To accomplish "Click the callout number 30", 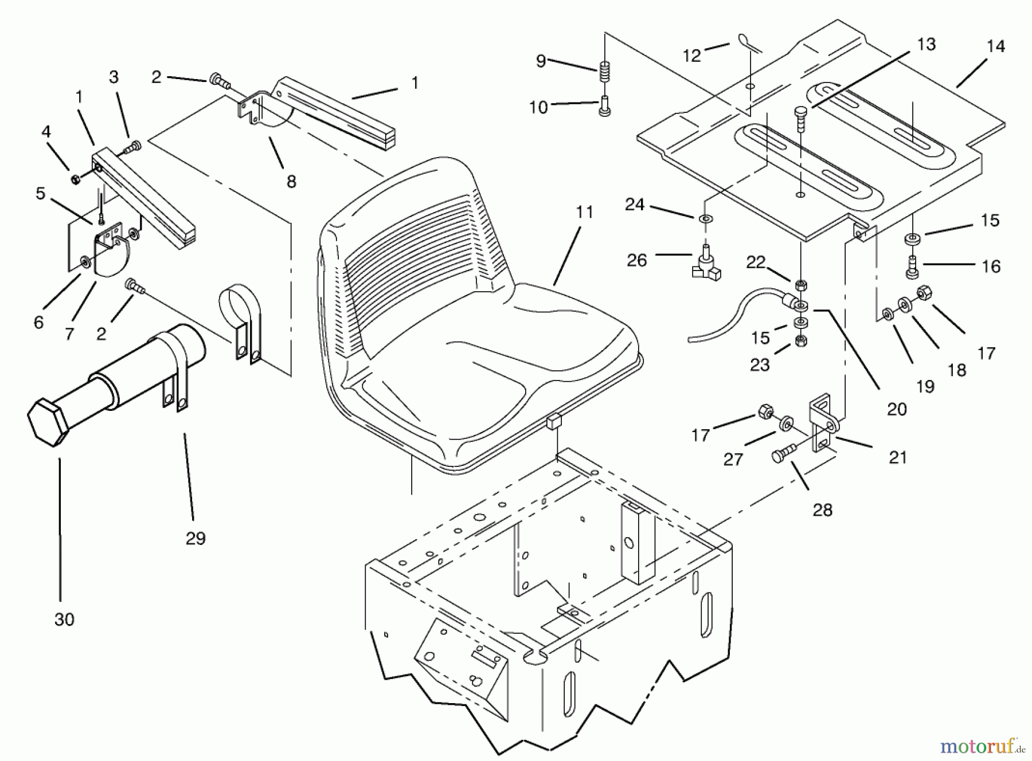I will pos(64,619).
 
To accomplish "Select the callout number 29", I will pos(195,538).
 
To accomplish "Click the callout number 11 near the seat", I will pos(584,213).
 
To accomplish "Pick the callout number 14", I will pos(996,46).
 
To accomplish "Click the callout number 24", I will pos(635,205).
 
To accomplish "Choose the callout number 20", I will pos(897,409).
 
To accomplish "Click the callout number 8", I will pos(291,182).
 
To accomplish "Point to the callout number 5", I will pos(40,194).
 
